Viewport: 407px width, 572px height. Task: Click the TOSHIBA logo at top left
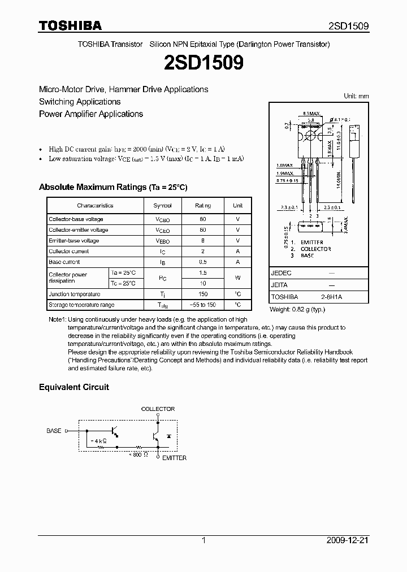click(x=70, y=25)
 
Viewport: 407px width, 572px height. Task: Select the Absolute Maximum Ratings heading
click(x=112, y=187)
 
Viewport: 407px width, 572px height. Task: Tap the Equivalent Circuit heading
click(x=73, y=387)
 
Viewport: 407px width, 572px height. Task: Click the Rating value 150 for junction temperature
click(x=203, y=294)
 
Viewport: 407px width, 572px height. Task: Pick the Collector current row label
click(x=68, y=251)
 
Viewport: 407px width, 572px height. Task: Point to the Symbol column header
click(x=162, y=206)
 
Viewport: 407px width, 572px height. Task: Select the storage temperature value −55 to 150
click(x=203, y=305)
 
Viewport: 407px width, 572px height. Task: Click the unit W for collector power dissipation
click(x=238, y=278)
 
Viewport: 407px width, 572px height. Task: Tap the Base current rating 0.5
click(x=203, y=262)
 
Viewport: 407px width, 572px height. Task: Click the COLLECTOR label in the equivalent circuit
click(x=158, y=409)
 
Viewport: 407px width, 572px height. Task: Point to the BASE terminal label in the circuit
click(x=54, y=431)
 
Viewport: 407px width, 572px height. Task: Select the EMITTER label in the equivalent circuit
click(x=174, y=458)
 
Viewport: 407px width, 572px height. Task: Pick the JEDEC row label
click(x=282, y=272)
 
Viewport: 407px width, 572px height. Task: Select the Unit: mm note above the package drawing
click(x=356, y=96)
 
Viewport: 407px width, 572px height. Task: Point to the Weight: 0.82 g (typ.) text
click(x=297, y=309)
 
